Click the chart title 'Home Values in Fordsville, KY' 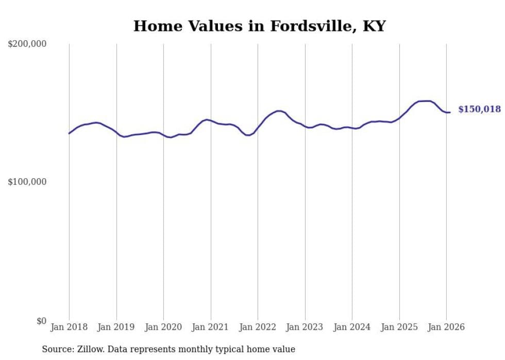click(x=259, y=26)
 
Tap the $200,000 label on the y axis click(x=27, y=44)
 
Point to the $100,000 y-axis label click(x=27, y=182)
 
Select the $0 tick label click(x=40, y=321)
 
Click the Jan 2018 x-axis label click(x=69, y=327)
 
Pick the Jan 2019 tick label click(x=116, y=327)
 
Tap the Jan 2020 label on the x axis click(x=163, y=327)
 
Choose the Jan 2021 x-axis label click(x=211, y=327)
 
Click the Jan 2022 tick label click(x=258, y=327)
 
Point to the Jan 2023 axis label click(x=305, y=327)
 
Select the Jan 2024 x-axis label click(x=352, y=327)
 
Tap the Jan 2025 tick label click(x=399, y=327)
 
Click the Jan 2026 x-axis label click(x=446, y=327)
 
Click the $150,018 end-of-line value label click(x=479, y=109)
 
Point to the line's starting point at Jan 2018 click(x=70, y=133)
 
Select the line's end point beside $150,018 click(x=450, y=112)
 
